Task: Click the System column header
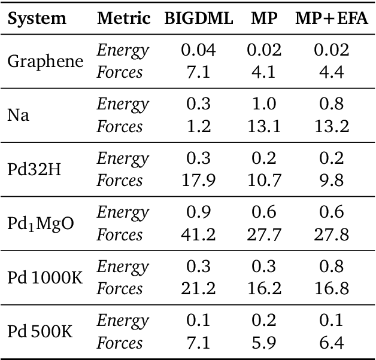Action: click(x=37, y=19)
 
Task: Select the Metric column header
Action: click(x=123, y=19)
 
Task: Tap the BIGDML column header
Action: click(x=198, y=19)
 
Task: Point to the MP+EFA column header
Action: click(x=331, y=19)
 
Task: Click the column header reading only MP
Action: click(x=264, y=19)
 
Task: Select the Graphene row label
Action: click(x=46, y=62)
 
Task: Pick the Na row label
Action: click(x=18, y=115)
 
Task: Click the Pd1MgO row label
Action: click(x=40, y=224)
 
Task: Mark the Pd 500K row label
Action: click(x=40, y=332)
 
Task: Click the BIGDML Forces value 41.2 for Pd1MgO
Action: click(x=198, y=234)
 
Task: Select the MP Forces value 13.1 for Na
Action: click(x=264, y=127)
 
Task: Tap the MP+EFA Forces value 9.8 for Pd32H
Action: click(x=331, y=181)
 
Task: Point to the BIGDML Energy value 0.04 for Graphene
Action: click(x=198, y=51)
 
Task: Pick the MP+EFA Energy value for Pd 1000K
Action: click(x=331, y=267)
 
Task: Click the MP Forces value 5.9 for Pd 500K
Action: click(x=264, y=343)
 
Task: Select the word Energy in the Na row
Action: click(x=123, y=105)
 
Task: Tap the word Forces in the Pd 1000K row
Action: click(x=120, y=289)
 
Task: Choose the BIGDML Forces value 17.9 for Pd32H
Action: click(x=198, y=181)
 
